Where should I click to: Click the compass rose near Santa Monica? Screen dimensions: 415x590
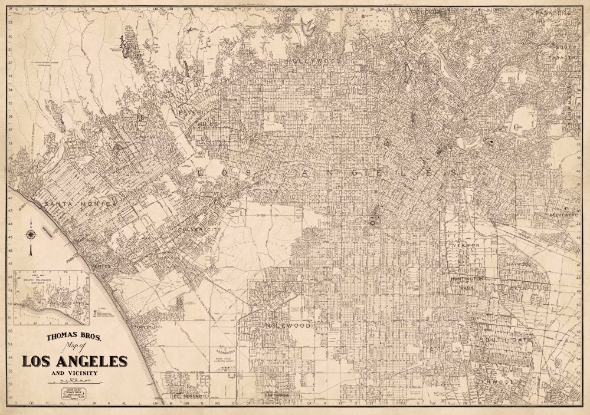tap(30, 234)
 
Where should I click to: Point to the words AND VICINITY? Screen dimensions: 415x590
tap(74, 373)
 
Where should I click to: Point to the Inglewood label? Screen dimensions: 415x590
tap(287, 325)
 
